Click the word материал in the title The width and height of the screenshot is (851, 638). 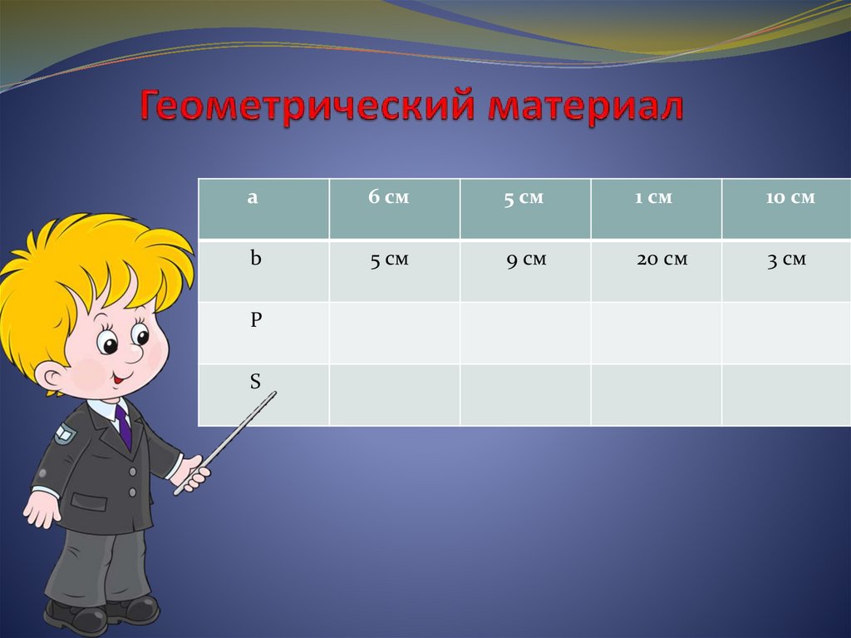[586, 109]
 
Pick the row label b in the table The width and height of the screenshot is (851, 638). [256, 259]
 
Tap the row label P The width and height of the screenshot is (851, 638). [256, 320]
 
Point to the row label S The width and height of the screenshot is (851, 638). [255, 382]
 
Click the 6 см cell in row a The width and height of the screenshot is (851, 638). [389, 198]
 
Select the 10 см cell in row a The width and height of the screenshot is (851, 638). [790, 198]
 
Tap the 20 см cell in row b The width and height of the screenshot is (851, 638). [662, 260]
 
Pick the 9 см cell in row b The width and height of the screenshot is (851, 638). [526, 260]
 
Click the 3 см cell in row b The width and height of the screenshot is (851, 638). [786, 260]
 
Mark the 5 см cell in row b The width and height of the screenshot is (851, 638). [389, 260]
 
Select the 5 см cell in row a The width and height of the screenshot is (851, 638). [524, 199]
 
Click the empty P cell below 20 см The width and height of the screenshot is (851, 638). [657, 333]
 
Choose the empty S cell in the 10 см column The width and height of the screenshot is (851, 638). [786, 394]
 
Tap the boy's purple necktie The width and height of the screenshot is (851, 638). [124, 424]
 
